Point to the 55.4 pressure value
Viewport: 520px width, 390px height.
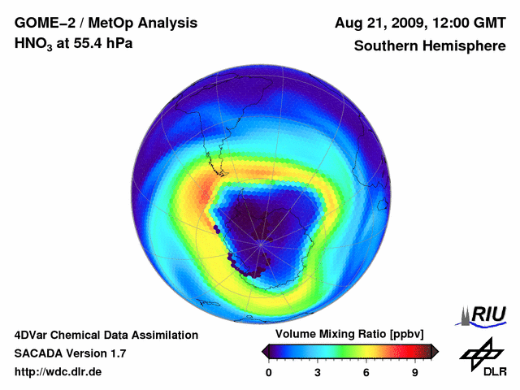[x=86, y=43]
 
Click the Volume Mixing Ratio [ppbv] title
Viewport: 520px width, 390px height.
[x=346, y=335]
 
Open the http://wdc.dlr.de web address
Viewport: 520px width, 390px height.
[x=58, y=372]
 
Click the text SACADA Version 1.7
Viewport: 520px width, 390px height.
[x=70, y=353]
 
